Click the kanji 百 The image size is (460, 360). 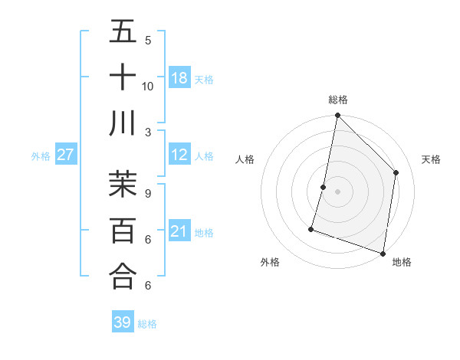coord(123,230)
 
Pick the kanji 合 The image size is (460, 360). coord(123,276)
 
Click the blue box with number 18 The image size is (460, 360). coord(179,77)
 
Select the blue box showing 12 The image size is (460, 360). coord(179,155)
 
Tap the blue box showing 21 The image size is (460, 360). coord(179,231)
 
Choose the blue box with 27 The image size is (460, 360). coord(65,155)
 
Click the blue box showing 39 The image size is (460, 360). coord(123,322)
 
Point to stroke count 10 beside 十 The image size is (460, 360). coord(148,86)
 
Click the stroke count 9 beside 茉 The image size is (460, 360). coord(148,194)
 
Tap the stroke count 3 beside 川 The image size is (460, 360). coord(148,132)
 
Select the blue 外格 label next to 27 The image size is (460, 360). coord(41,156)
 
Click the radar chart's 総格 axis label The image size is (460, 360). coord(337,100)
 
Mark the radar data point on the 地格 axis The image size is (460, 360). coord(383,253)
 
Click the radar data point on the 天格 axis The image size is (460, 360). coord(396,172)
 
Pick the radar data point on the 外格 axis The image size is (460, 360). coord(311,228)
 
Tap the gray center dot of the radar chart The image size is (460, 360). coord(337,191)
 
